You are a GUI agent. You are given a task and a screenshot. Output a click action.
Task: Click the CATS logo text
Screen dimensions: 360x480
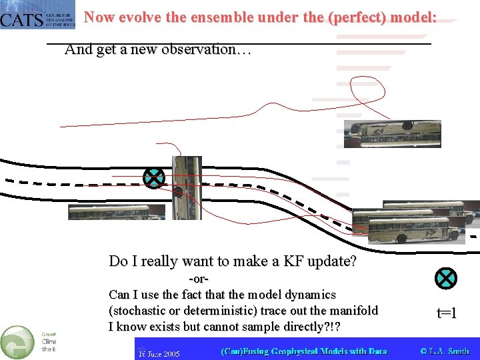[22, 19]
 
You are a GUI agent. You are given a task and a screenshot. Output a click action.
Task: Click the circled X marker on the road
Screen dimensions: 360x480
[154, 178]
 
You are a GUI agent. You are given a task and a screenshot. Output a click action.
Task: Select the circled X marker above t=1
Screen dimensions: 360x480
[445, 278]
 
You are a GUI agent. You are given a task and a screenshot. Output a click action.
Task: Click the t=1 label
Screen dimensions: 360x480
[446, 312]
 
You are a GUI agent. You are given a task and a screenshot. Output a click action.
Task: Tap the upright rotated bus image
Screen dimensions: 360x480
[186, 187]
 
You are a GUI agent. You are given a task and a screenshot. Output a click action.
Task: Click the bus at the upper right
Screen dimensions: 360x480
[392, 133]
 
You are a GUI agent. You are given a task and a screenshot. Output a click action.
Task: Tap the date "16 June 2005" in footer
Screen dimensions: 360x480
[159, 352]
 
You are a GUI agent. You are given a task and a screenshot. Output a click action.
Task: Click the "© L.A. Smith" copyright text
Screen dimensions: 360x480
[445, 351]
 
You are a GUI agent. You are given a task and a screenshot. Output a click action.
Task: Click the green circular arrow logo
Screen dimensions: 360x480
[17, 342]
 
